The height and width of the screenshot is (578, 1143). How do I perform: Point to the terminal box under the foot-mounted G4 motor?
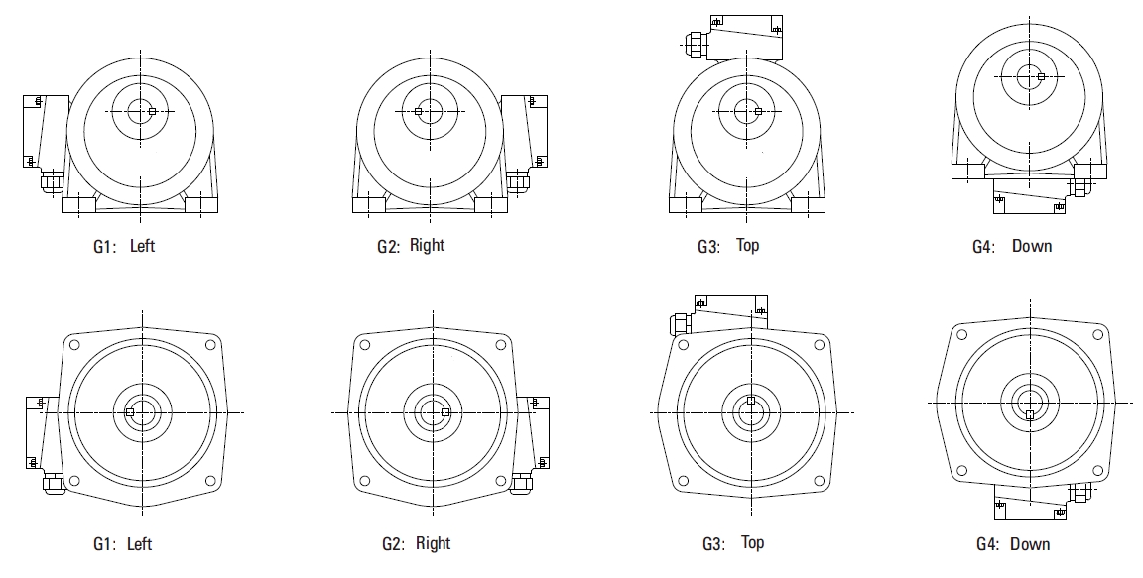tap(1029, 195)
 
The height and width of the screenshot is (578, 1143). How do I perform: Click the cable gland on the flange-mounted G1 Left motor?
tap(54, 483)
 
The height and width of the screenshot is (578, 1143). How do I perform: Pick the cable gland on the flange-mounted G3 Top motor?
tap(679, 323)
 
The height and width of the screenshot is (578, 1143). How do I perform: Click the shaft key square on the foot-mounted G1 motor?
tap(152, 111)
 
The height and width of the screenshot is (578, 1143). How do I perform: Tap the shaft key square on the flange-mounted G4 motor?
tap(1029, 415)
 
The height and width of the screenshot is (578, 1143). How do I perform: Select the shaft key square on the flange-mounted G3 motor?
tap(751, 401)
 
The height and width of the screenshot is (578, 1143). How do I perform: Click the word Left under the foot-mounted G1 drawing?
tap(142, 245)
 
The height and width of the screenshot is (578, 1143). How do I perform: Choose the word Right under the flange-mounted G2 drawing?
tap(433, 543)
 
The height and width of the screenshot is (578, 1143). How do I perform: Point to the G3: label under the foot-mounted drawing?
tap(708, 246)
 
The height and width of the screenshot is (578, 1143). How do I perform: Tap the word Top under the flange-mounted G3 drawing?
tap(752, 542)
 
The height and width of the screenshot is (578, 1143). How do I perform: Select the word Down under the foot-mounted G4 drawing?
tap(1032, 245)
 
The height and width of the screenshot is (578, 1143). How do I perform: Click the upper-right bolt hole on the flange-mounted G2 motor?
tap(501, 345)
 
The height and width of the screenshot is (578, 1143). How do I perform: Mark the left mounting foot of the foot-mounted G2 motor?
tap(369, 204)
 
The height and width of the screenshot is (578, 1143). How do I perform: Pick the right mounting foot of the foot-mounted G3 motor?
tap(809, 204)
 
